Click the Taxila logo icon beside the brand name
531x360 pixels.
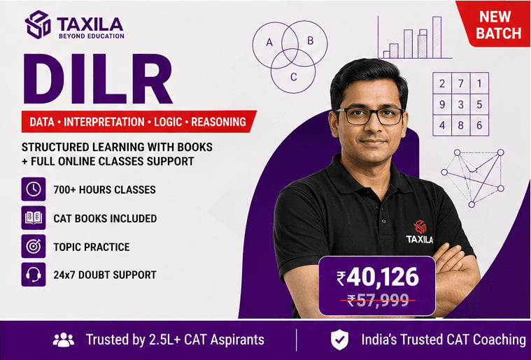(x=38, y=24)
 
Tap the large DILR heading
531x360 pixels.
(x=97, y=79)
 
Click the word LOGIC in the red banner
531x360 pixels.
(x=168, y=122)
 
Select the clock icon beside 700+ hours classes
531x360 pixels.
(x=34, y=189)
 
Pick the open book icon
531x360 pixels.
(x=34, y=218)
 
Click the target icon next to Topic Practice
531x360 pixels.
(x=34, y=246)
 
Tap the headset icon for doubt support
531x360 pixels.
(x=34, y=275)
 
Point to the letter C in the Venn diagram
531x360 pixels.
(x=294, y=77)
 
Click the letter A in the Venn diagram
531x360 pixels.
(x=269, y=43)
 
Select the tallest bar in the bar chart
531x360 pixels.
(x=437, y=37)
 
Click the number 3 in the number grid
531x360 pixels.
(x=460, y=105)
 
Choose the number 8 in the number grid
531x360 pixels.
(x=460, y=126)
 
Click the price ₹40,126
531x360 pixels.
(x=378, y=277)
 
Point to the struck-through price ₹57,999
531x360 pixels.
(x=378, y=300)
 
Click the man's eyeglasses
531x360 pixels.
(x=369, y=116)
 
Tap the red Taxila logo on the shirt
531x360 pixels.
(x=420, y=227)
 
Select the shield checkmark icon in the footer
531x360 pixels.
(x=339, y=340)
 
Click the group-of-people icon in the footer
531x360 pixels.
(x=64, y=340)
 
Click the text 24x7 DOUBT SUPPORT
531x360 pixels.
(x=105, y=275)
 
